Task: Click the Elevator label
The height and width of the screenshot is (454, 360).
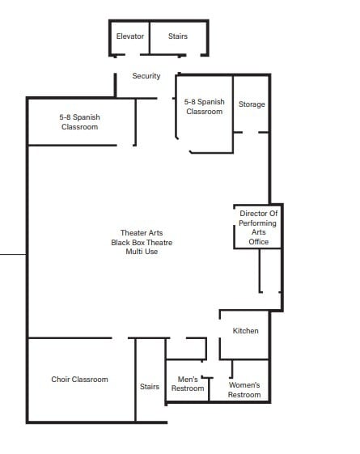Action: point(130,36)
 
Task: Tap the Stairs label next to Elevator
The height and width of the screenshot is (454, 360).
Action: point(178,36)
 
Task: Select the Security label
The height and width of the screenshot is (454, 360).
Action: point(146,76)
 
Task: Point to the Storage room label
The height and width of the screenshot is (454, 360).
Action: point(252,104)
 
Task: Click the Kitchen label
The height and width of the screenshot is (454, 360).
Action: point(245,331)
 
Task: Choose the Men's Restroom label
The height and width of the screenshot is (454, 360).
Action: point(188,384)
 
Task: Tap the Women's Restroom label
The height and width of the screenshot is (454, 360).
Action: point(244,389)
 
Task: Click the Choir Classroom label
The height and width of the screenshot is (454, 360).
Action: point(79,380)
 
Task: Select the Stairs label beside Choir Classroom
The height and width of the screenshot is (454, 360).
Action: point(150,387)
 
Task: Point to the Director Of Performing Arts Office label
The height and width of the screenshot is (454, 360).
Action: point(259,227)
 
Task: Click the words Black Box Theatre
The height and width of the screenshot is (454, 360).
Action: point(142,243)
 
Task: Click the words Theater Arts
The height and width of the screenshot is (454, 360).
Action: point(142,233)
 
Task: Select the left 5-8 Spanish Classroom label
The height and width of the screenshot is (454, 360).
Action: point(79,122)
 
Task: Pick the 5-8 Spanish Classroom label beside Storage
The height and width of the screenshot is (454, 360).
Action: point(204,107)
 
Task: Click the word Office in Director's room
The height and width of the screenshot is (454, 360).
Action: point(259,242)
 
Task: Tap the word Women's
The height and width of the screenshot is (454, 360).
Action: point(244,384)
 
